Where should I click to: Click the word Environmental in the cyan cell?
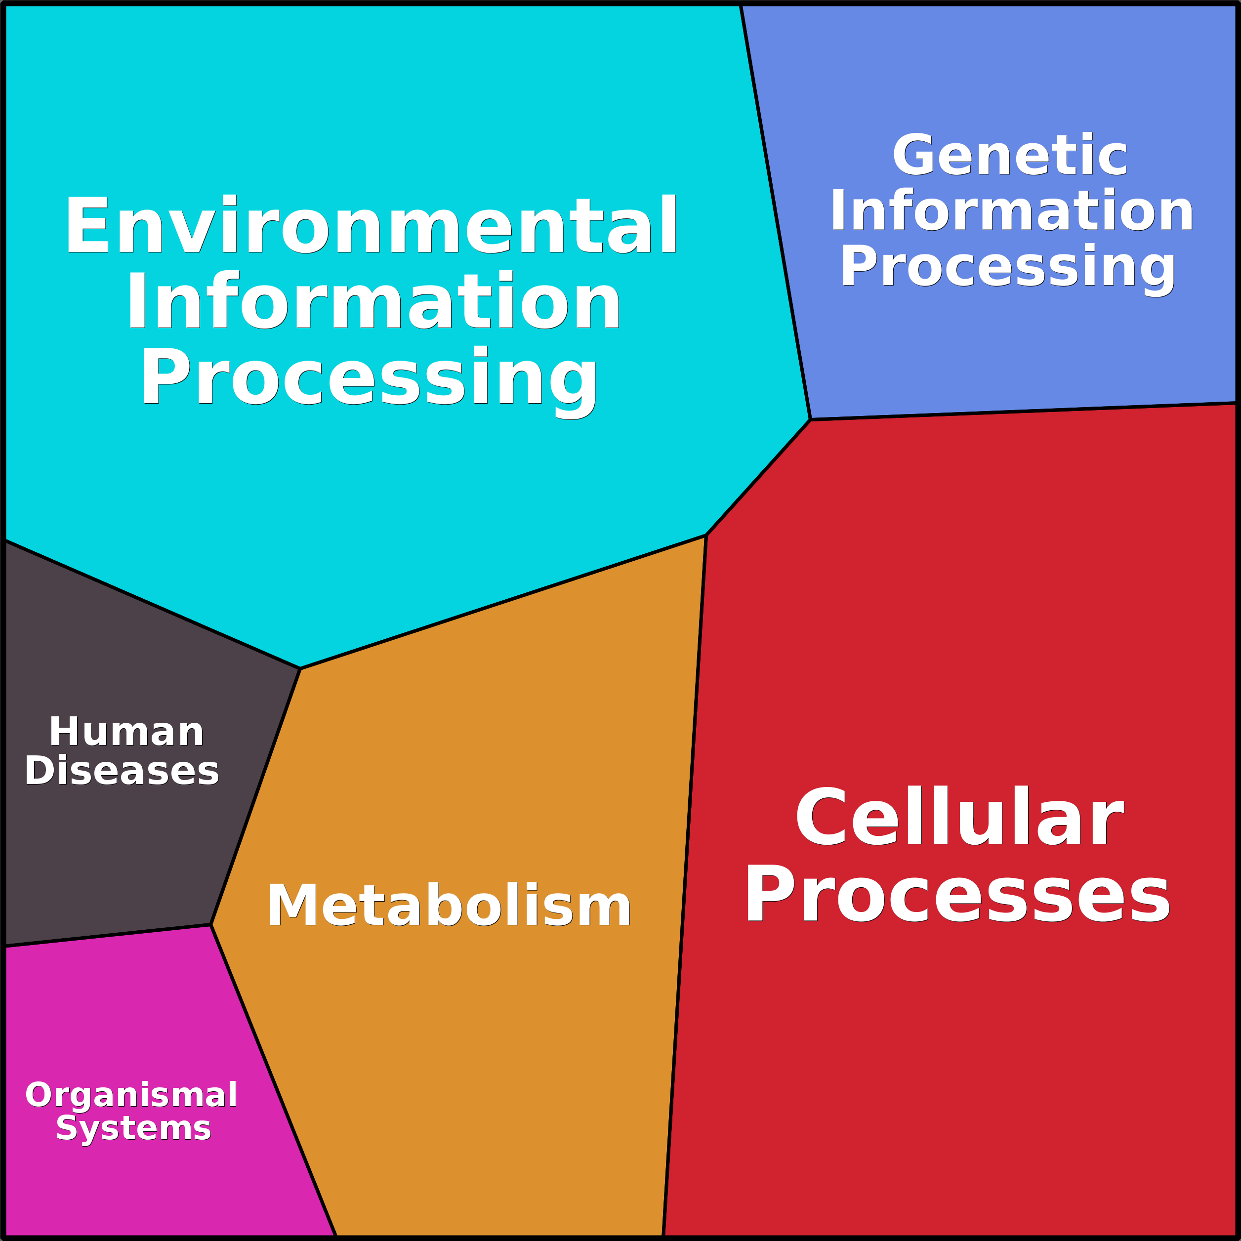tap(372, 225)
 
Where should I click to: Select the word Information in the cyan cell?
tap(373, 300)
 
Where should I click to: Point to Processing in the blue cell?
tap(1008, 267)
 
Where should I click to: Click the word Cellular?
tap(959, 817)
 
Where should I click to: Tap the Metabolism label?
tap(449, 905)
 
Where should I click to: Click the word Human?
tap(126, 732)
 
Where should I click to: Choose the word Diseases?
tap(122, 770)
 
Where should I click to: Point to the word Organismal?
tap(131, 1095)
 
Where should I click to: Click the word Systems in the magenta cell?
tap(133, 1128)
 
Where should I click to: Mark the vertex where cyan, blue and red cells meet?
tap(810, 420)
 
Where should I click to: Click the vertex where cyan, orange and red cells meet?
tap(706, 535)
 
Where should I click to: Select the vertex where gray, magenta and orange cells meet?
tap(210, 925)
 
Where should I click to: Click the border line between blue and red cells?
tap(1021, 412)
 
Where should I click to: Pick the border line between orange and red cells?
tap(685, 886)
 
